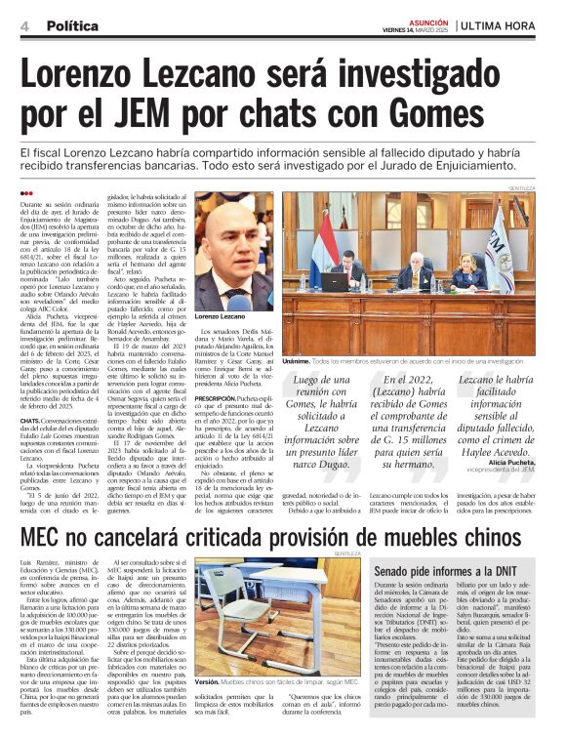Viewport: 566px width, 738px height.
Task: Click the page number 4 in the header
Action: [23, 26]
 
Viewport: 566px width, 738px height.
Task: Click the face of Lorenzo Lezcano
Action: [233, 243]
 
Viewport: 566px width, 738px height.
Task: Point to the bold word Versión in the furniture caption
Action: [207, 708]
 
